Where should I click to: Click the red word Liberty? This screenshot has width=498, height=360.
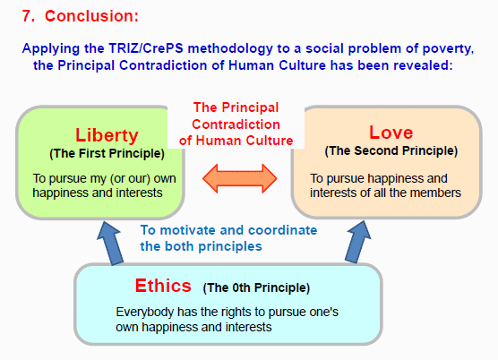pos(107,135)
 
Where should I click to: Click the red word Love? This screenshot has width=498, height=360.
pos(391,132)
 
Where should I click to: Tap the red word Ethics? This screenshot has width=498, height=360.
pos(163,286)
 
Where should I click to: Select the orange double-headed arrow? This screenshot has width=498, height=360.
pos(240,178)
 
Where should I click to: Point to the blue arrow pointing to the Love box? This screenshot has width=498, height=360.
pos(358,242)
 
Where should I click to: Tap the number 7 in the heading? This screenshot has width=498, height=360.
pos(28,16)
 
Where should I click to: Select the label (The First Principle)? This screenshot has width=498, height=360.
pos(107,154)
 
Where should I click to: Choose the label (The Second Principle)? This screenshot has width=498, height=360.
pos(391,150)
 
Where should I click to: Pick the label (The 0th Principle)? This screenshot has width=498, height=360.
pos(256,287)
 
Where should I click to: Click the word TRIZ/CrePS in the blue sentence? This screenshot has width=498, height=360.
pos(146,48)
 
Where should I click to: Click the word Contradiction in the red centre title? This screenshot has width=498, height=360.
pos(236,124)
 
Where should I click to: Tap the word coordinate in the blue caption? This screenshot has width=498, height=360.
pos(282,230)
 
